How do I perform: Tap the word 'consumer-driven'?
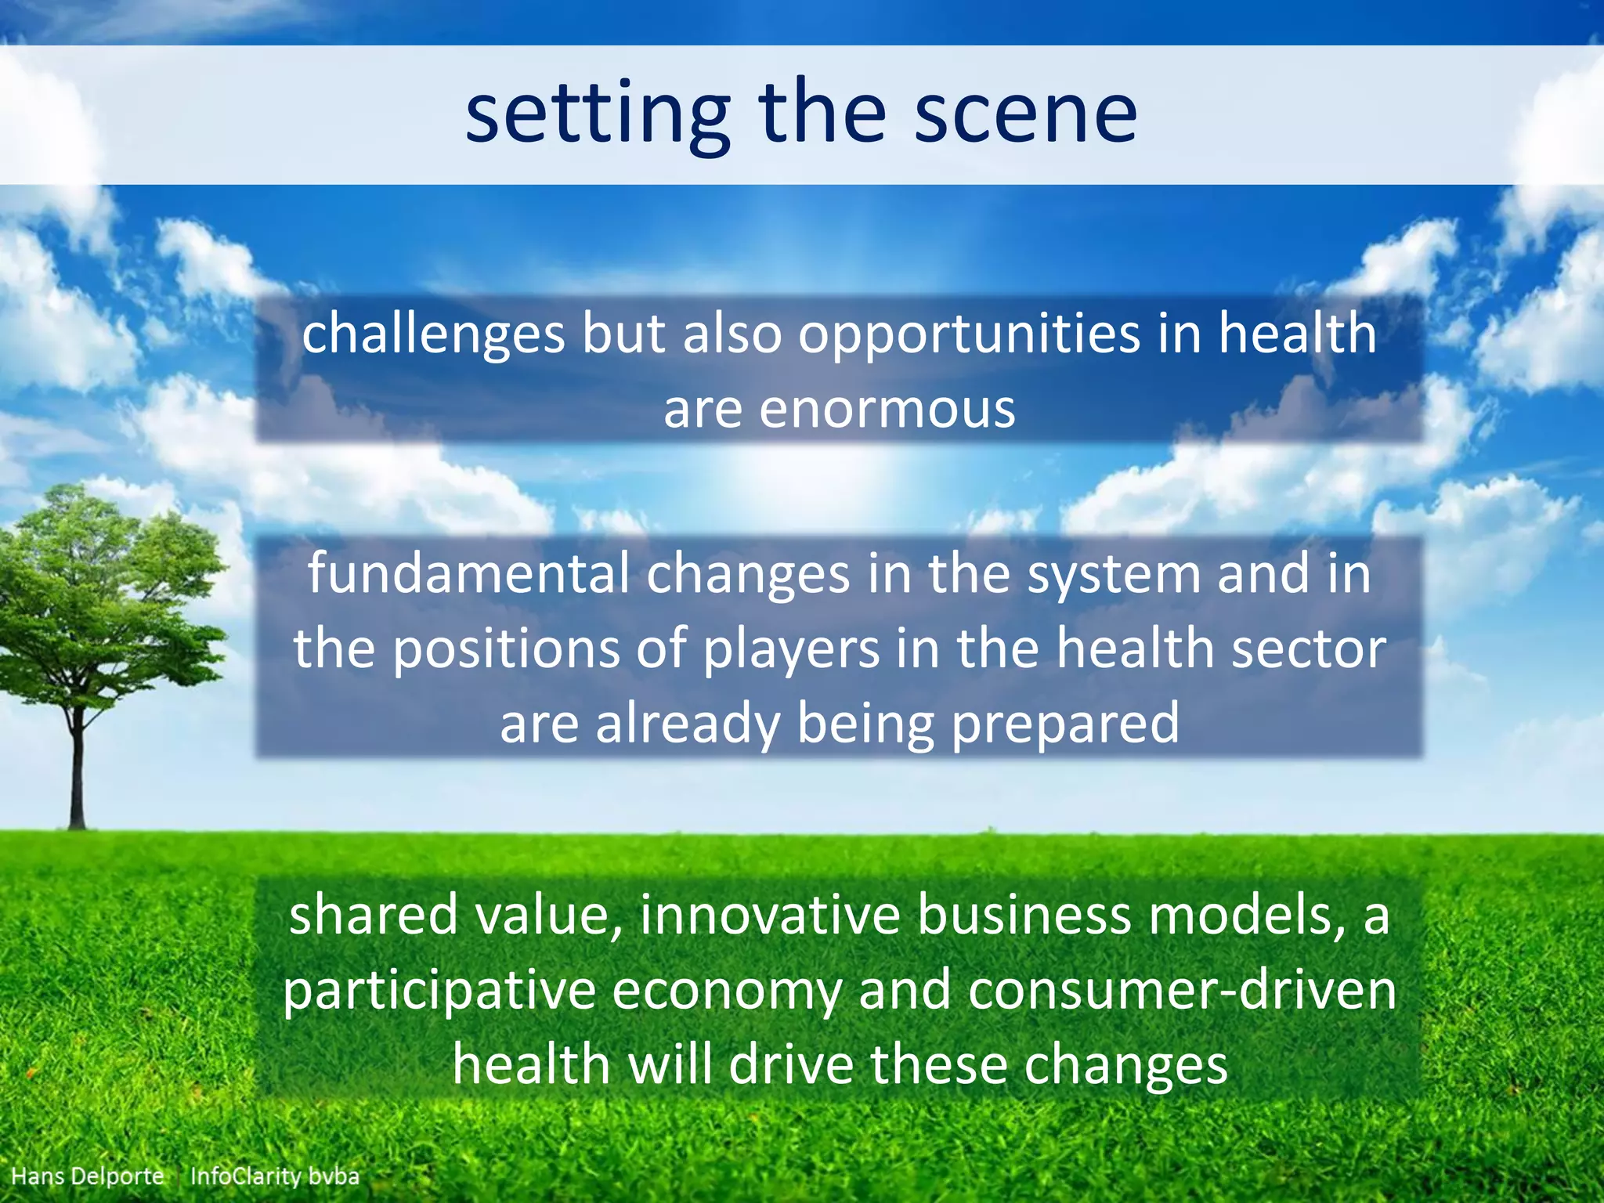(1183, 989)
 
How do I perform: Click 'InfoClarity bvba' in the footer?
(275, 1176)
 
